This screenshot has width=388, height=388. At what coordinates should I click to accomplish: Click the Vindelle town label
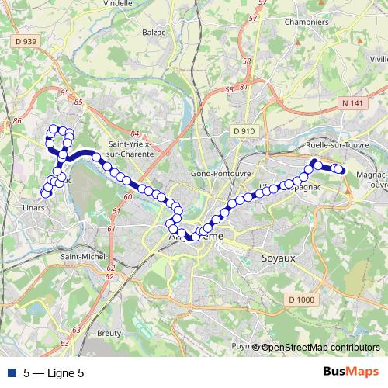[x=117, y=3]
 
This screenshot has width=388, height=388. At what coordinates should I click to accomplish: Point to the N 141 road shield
[x=351, y=101]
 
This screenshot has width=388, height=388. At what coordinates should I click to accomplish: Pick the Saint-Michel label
[x=78, y=257]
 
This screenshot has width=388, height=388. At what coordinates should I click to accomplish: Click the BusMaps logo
[x=350, y=373]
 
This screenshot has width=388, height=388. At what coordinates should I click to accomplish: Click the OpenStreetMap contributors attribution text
[x=321, y=348]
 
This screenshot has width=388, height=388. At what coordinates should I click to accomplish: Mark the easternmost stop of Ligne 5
[x=340, y=170]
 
